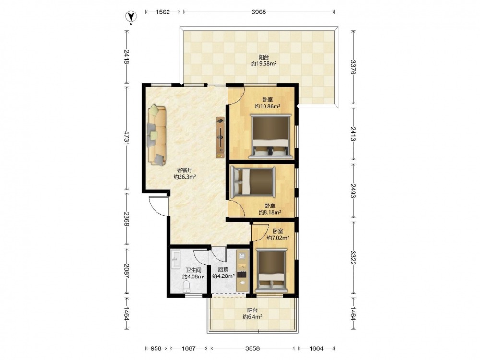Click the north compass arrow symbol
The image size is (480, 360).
coord(131,16)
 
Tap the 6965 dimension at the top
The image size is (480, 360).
coord(259,12)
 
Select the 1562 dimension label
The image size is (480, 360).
coord(163,12)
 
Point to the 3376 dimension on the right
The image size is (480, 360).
coord(353,67)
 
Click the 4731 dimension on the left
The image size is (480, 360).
coord(127,139)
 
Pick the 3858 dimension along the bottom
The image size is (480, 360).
coord(252,348)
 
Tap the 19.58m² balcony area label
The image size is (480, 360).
coord(264,64)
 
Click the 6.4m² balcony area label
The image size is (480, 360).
coord(252,317)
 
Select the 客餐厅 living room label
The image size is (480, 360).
coord(185,170)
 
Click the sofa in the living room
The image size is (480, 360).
coord(157,135)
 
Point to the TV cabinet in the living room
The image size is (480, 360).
coord(220,137)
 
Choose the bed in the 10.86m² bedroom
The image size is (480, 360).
coord(270,136)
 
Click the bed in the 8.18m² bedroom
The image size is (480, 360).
coord(253,182)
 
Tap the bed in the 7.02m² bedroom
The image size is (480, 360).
coord(271,270)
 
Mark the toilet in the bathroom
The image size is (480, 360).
coord(186,287)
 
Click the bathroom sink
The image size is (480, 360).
coord(176,260)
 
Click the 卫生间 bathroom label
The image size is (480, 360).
coord(193,270)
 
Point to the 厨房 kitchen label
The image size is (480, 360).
coord(223,270)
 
